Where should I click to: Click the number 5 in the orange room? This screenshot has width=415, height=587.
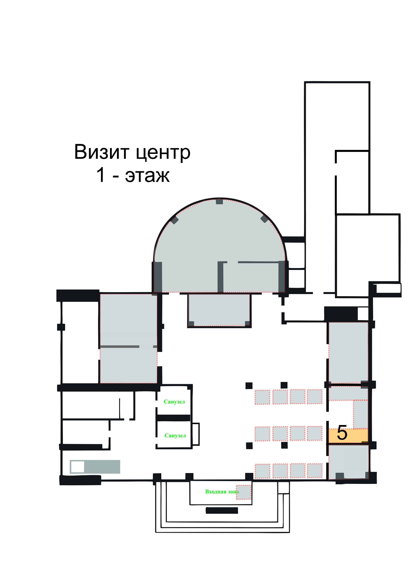[x=342, y=433]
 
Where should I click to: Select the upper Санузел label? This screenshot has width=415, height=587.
[x=174, y=402]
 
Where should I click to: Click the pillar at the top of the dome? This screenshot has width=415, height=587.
[x=219, y=201]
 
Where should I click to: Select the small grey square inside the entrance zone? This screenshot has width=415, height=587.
[x=244, y=492]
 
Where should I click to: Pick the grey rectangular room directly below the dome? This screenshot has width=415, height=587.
[x=219, y=310]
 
